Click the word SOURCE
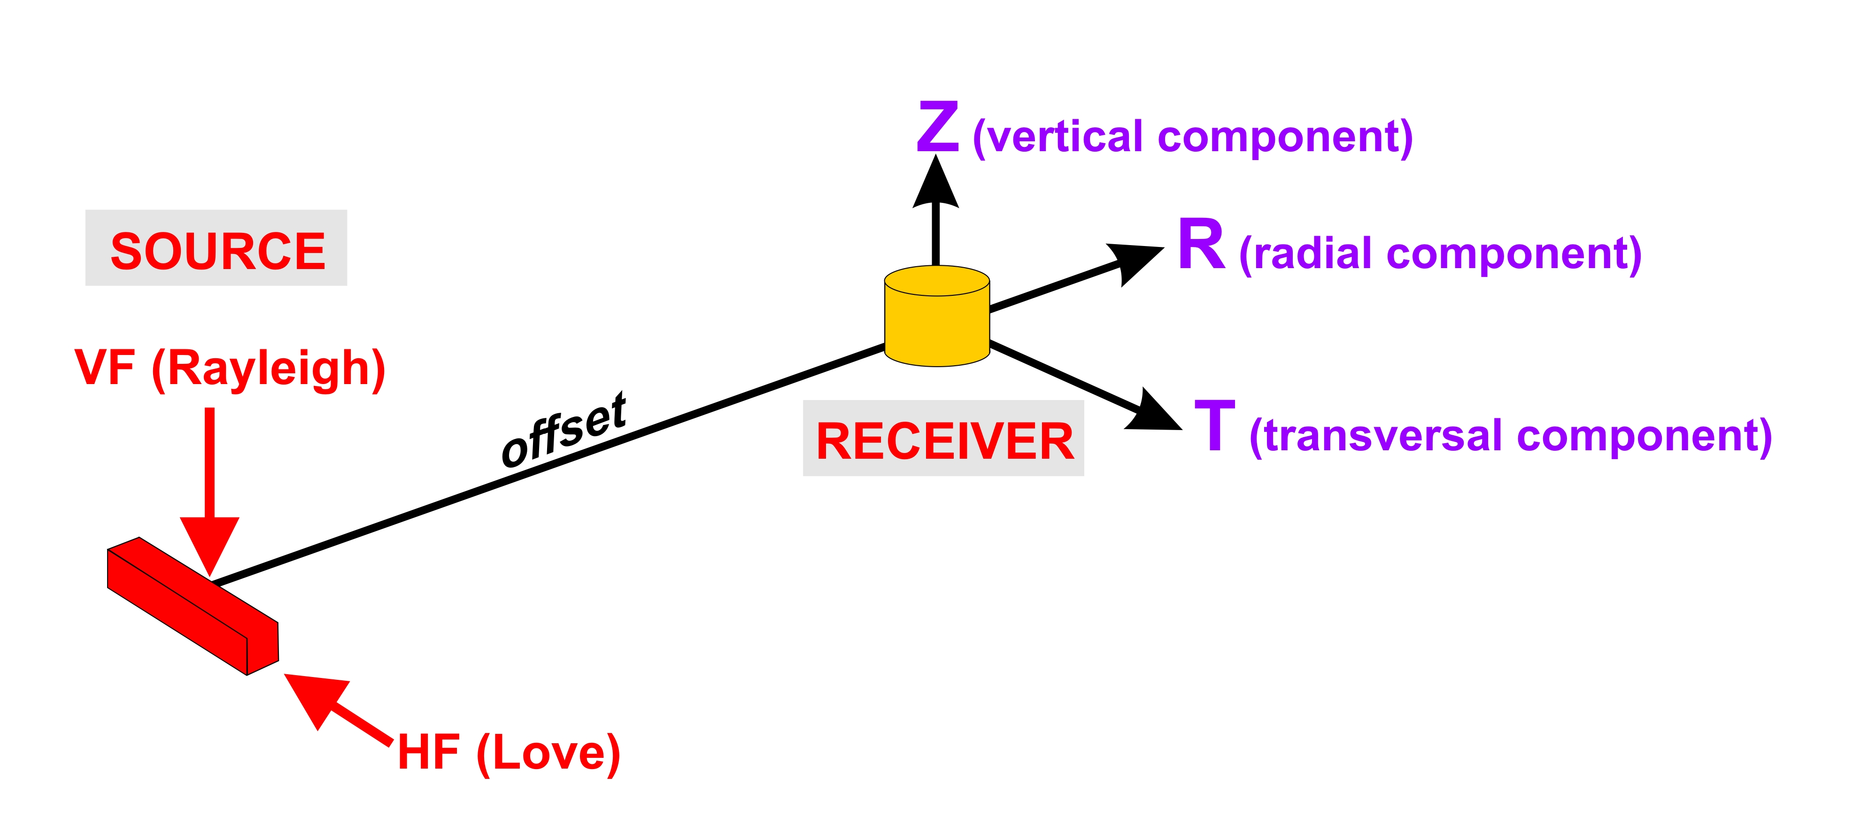click(x=217, y=251)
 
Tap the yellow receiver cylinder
click(x=937, y=316)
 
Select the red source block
click(x=193, y=607)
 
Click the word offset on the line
click(x=564, y=430)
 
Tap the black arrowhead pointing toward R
click(x=1135, y=262)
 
